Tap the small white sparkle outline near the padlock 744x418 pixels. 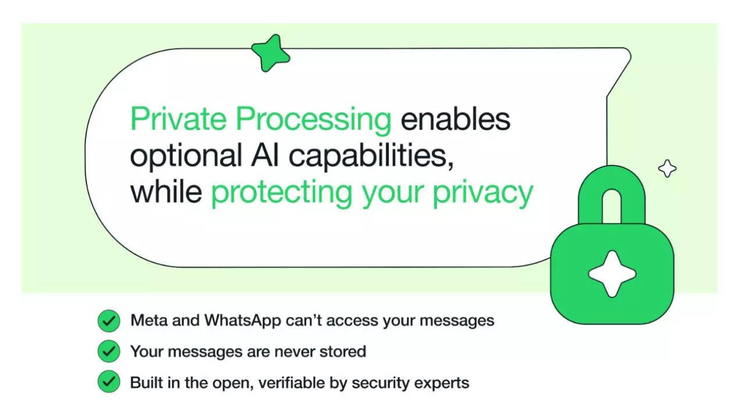click(667, 169)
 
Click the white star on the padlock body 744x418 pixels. click(611, 274)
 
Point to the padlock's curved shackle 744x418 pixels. click(611, 194)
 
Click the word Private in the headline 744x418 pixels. click(178, 120)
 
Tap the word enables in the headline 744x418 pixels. click(455, 120)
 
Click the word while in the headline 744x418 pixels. click(166, 192)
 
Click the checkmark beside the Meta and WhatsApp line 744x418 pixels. click(109, 320)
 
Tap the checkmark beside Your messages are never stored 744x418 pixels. click(109, 351)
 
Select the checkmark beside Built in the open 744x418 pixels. click(109, 382)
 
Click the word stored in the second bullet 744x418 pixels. click(344, 351)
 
